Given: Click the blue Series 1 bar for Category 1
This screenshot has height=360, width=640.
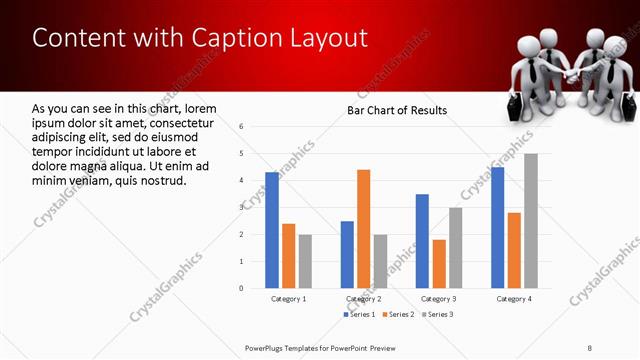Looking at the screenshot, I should [272, 230].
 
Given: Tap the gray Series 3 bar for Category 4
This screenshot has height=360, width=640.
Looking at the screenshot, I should [531, 220].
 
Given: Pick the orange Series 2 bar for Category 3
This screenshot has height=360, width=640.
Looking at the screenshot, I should [439, 264].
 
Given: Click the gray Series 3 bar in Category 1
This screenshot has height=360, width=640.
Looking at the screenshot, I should [305, 261].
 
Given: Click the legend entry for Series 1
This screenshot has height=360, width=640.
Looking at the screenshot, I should [361, 315].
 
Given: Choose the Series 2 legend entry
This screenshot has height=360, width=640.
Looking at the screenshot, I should [399, 315].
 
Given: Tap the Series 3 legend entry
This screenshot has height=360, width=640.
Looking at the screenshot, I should [437, 315].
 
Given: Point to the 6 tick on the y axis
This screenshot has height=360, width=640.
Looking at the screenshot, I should [241, 127].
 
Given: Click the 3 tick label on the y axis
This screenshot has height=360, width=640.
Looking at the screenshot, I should [241, 207].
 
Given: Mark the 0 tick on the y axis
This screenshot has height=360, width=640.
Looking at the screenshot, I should [241, 288].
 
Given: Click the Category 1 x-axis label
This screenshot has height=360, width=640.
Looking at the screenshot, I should [288, 299].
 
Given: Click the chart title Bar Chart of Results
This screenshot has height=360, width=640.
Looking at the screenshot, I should [397, 110].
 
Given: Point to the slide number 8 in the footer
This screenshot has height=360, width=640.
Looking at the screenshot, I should [589, 347].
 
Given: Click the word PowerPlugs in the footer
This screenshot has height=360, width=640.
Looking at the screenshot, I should [268, 347].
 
